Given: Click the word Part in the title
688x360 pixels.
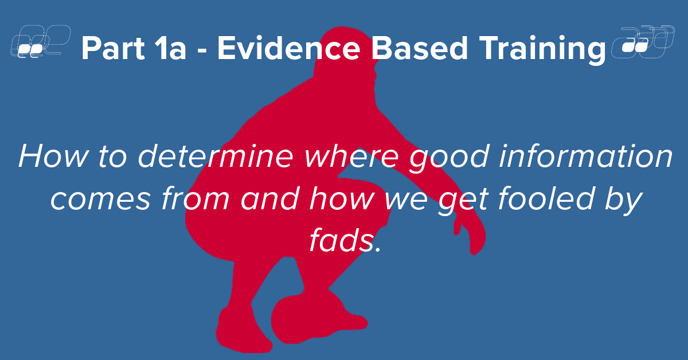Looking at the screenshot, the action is [113, 48].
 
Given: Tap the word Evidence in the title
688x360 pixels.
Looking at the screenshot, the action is [289, 48].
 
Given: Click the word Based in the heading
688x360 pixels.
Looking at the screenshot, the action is [420, 48].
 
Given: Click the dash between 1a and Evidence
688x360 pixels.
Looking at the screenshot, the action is [202, 50].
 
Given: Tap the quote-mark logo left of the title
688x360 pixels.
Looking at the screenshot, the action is [41, 41].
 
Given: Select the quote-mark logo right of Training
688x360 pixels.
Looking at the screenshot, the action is [643, 42].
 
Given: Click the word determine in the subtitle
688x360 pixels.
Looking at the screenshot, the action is [216, 156].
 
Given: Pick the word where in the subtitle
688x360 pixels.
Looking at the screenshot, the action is [351, 156].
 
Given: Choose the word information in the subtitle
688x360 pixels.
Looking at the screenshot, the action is [586, 156].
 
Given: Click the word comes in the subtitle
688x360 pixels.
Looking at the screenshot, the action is [100, 199].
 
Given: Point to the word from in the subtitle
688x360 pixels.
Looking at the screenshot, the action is [196, 198].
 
